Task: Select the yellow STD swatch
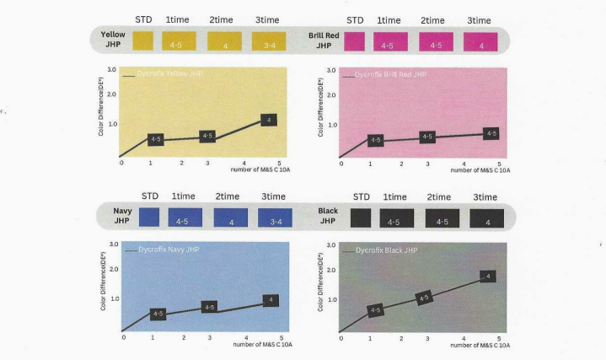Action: pyautogui.click(x=142, y=41)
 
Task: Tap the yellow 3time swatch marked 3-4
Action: pyautogui.click(x=268, y=41)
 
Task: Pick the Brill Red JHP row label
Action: pyautogui.click(x=324, y=40)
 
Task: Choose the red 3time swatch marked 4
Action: pyautogui.click(x=481, y=42)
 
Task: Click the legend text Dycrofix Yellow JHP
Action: pyautogui.click(x=172, y=74)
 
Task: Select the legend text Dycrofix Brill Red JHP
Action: pyautogui.click(x=390, y=75)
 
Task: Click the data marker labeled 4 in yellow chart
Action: pyautogui.click(x=269, y=121)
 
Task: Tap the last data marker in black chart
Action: pyautogui.click(x=486, y=276)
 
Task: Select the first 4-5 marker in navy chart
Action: pyautogui.click(x=158, y=314)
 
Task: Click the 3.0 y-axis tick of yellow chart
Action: pyautogui.click(x=112, y=69)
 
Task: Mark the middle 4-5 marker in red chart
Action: pyautogui.click(x=426, y=137)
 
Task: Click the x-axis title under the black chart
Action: pyautogui.click(x=480, y=345)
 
